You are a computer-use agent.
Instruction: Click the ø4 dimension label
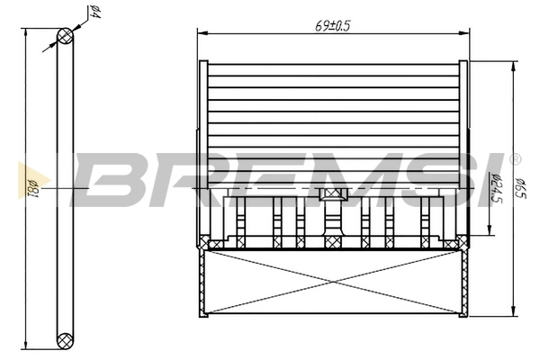tap(94, 13)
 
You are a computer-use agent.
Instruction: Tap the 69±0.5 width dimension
tap(332, 25)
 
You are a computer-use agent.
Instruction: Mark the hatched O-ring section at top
tap(65, 36)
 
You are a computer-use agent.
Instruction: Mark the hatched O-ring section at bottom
tap(65, 340)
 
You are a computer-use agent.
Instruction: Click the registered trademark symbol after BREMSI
tap(515, 159)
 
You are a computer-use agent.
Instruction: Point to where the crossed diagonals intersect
tap(332, 282)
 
